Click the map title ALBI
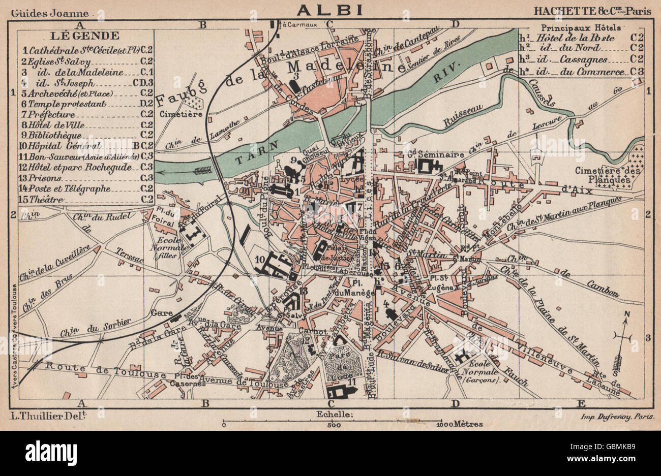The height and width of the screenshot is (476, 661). point(330,9)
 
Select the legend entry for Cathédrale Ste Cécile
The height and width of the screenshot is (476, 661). point(81,50)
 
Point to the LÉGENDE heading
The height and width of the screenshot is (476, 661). point(85,36)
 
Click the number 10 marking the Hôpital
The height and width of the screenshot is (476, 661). point(260,260)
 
